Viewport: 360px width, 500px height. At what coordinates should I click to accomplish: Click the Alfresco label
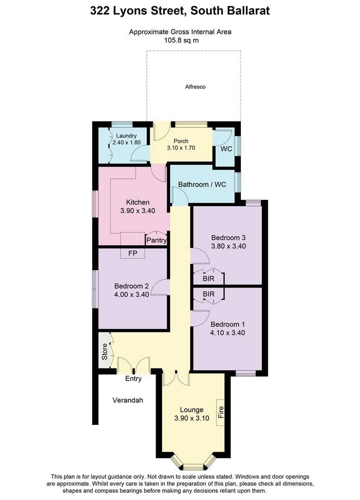point(195,87)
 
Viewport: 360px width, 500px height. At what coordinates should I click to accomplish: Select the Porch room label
point(181,141)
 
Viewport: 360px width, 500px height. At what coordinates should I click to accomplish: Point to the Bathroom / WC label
point(202,184)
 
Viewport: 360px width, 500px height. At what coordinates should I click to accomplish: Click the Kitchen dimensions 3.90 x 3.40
point(137,211)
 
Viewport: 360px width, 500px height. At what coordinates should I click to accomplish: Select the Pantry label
point(156,240)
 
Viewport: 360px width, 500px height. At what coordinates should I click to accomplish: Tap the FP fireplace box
point(132,254)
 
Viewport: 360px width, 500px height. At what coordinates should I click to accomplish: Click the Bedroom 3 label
point(228,237)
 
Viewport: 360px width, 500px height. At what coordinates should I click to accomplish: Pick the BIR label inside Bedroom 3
point(208,279)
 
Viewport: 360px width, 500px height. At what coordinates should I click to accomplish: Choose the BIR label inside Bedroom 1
point(208,294)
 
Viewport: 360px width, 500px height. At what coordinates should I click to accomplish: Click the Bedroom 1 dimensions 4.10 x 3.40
point(227,332)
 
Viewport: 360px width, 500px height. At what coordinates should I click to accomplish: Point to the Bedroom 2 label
point(131,286)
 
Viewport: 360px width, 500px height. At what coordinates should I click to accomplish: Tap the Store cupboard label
point(105,351)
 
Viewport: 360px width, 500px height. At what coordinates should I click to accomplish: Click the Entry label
point(133,379)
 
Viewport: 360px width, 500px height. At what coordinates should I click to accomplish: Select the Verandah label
point(127,400)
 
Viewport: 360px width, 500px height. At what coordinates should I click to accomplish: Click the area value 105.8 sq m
point(180,40)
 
